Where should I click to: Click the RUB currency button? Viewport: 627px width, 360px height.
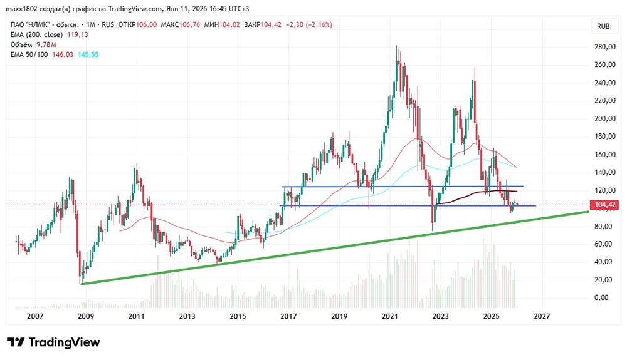pos(604,26)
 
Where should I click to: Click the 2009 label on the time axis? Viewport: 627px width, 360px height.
pos(86,317)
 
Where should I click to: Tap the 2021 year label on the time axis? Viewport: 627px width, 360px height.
pos(389,317)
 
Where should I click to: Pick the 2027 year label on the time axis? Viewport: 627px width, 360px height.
pos(542,317)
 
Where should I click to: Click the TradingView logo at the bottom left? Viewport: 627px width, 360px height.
pos(53,342)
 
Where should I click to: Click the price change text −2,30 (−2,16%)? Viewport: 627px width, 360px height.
pos(308,24)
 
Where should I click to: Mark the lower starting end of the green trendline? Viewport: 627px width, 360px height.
pos(82,284)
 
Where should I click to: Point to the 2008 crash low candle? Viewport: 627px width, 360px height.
pos(80,275)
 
